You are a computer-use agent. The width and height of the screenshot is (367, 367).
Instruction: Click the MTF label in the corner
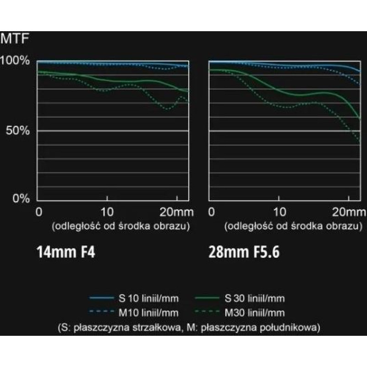click(15, 39)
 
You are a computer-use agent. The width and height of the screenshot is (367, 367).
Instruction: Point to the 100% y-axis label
click(15, 61)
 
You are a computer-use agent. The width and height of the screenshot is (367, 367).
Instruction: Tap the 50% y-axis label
click(18, 130)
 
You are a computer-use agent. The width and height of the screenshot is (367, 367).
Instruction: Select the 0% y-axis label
click(21, 199)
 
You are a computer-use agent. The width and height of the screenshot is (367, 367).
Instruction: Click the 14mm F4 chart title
click(66, 252)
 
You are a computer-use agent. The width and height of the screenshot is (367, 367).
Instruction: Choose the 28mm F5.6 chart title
click(244, 252)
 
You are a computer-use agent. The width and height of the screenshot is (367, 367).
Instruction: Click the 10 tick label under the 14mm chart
click(107, 212)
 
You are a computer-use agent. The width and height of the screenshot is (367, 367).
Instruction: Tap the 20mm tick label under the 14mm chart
click(177, 212)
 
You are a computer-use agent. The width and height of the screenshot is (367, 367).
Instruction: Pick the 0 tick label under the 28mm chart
click(211, 212)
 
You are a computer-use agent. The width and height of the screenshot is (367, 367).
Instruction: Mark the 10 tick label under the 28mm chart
click(280, 212)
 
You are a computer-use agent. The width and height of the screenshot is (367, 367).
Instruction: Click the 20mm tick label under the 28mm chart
click(349, 212)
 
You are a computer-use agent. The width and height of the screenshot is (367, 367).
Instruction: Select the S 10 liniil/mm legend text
click(149, 299)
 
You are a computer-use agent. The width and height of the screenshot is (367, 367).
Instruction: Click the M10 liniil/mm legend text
click(149, 313)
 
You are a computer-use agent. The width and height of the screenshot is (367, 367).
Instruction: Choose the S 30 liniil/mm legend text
click(255, 299)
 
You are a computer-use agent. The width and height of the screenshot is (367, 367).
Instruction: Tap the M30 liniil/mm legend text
click(255, 313)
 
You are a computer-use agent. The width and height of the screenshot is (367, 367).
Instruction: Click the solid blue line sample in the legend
click(101, 298)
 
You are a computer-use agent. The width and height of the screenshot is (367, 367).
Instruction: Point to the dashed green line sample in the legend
click(207, 311)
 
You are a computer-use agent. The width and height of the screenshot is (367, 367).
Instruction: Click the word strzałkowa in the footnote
click(156, 328)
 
